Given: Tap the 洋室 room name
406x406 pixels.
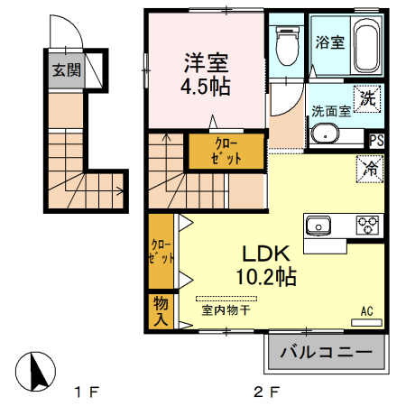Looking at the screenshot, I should coord(208,63).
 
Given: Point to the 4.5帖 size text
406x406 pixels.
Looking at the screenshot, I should coord(208,88).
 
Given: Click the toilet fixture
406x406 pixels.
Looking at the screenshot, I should coord(287,46).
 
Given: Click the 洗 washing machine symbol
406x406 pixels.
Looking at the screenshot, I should coord(368,97).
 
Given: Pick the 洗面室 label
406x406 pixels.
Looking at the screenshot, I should coord(329,111).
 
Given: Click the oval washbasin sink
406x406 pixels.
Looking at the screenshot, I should coord(325,134).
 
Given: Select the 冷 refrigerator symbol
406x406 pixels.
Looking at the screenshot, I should coord(369,167).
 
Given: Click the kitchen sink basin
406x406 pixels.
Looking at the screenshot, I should coord(320,225).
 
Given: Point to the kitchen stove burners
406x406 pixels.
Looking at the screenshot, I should coord(367,225).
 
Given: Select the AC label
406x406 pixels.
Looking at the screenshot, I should coord(367,311).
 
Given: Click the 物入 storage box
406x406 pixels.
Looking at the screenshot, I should coord(161,310).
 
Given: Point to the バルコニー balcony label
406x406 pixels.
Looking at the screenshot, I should coord(326,351).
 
